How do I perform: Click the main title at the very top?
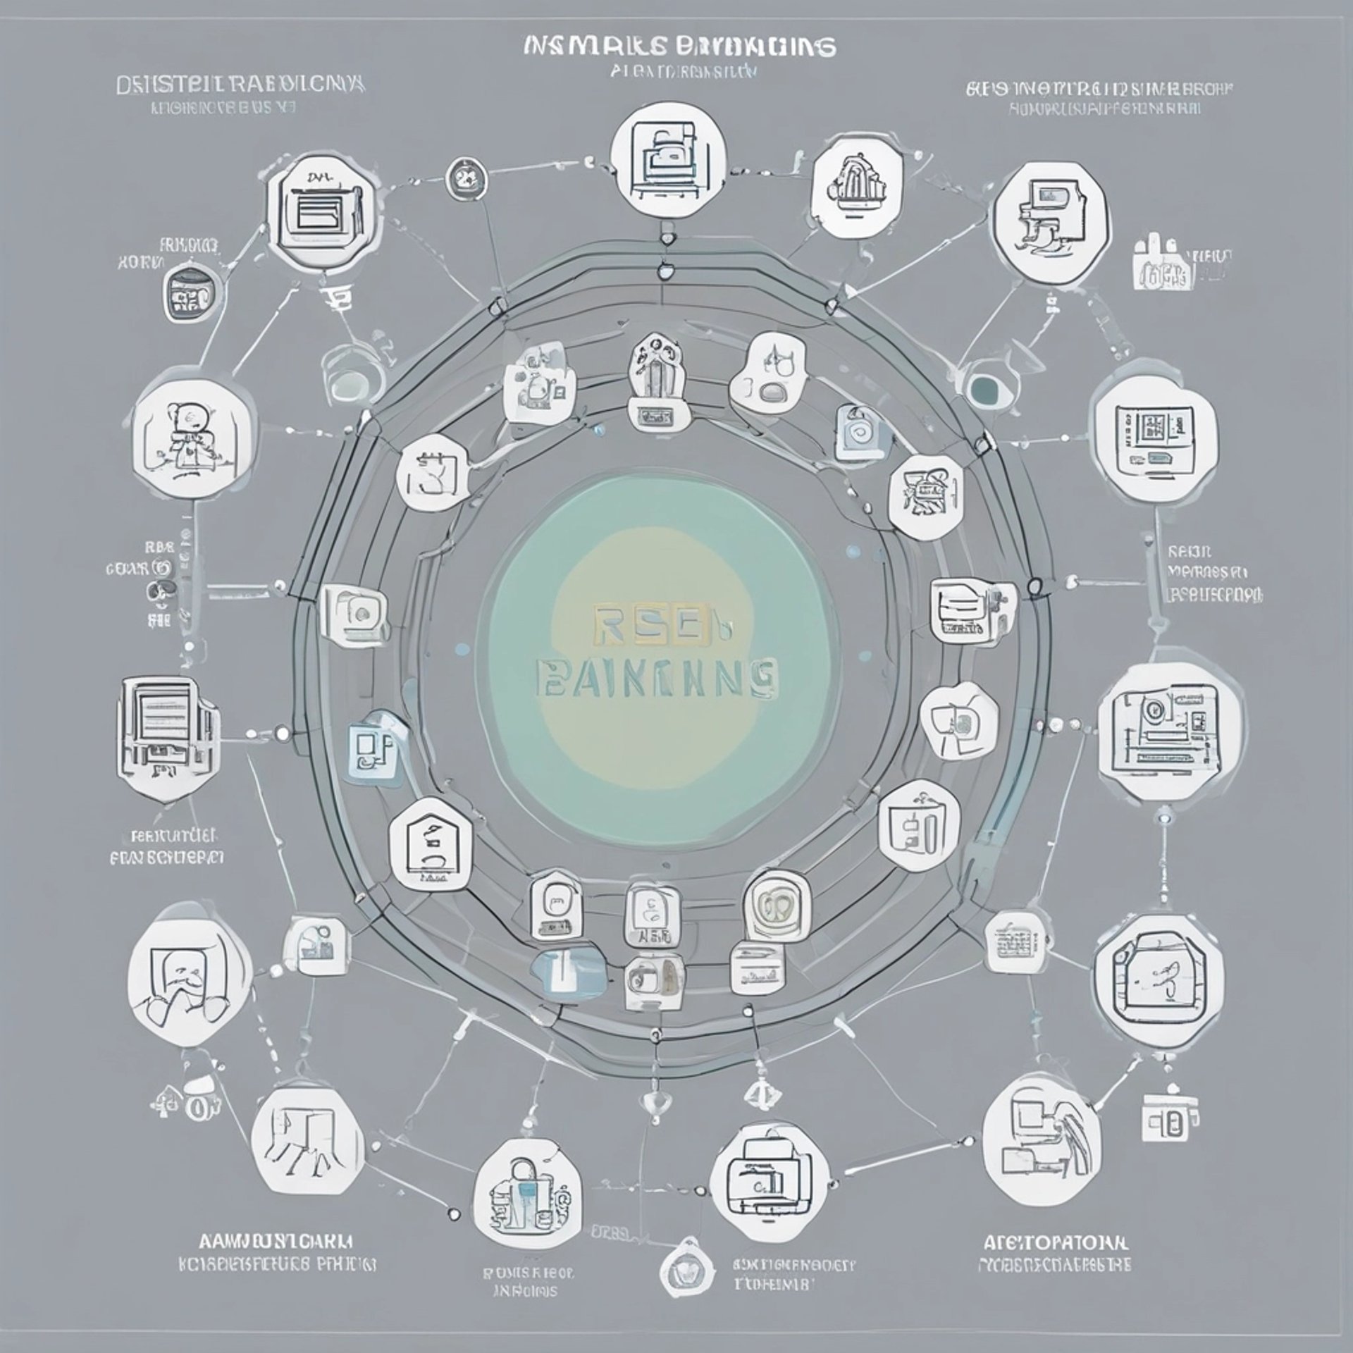pos(680,47)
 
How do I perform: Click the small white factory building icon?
pos(1163,264)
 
